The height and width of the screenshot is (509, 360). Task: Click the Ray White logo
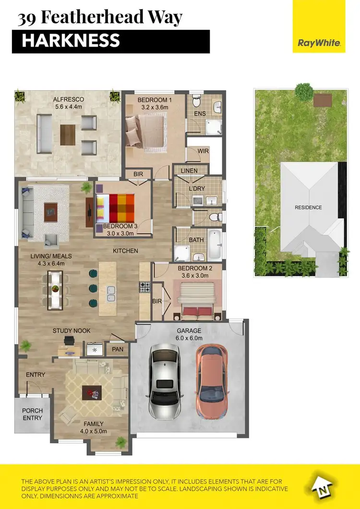point(319,43)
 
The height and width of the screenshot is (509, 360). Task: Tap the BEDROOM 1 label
point(154,100)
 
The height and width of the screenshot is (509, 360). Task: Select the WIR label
point(204,151)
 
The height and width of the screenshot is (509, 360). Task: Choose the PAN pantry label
point(118,350)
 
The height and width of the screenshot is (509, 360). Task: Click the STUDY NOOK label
point(72,331)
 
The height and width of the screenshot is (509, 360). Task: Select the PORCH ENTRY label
point(33,414)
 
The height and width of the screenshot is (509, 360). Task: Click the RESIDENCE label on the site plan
point(308,208)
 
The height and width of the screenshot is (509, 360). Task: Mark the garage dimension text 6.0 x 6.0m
point(189,338)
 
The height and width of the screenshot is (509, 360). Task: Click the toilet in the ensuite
point(196,101)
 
